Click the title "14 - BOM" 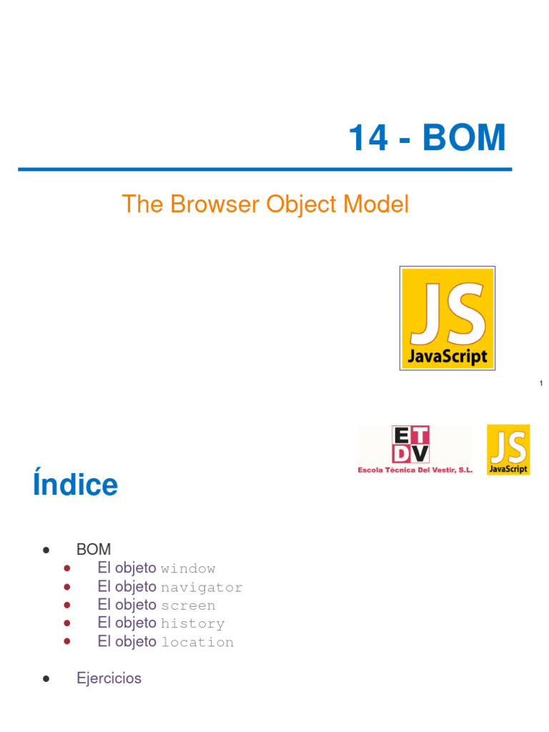pyautogui.click(x=427, y=138)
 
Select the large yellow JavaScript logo pyautogui.click(x=447, y=318)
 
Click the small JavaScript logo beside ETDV pyautogui.click(x=508, y=450)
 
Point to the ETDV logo pyautogui.click(x=410, y=445)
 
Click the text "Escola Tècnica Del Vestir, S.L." pyautogui.click(x=415, y=470)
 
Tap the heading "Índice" pyautogui.click(x=75, y=485)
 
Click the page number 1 pyautogui.click(x=541, y=385)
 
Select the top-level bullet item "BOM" pyautogui.click(x=94, y=550)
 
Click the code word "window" pyautogui.click(x=188, y=569)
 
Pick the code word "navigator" pyautogui.click(x=202, y=588)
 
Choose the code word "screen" pyautogui.click(x=188, y=605)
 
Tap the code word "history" pyautogui.click(x=192, y=624)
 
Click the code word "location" pyautogui.click(x=197, y=643)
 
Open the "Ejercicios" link pyautogui.click(x=109, y=678)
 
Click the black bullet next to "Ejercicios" pyautogui.click(x=46, y=679)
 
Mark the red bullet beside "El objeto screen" pyautogui.click(x=67, y=605)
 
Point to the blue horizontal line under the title pyautogui.click(x=265, y=169)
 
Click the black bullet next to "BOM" pyautogui.click(x=46, y=550)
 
